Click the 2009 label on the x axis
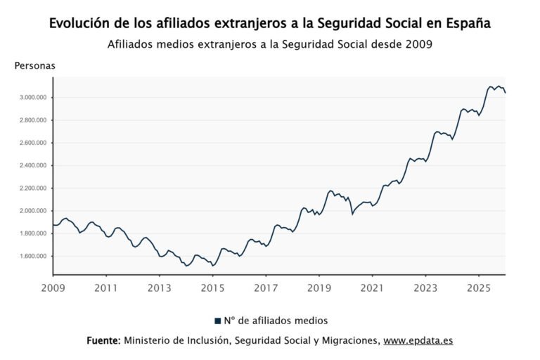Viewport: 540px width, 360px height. pyautogui.click(x=53, y=288)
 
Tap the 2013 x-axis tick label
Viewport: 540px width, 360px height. pyautogui.click(x=159, y=288)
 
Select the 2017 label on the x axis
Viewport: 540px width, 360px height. pyautogui.click(x=265, y=288)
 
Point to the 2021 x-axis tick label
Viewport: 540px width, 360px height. pyautogui.click(x=372, y=288)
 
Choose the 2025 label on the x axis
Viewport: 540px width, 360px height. pyautogui.click(x=478, y=288)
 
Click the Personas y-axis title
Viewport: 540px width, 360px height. pyautogui.click(x=34, y=65)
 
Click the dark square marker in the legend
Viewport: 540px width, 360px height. pyautogui.click(x=218, y=321)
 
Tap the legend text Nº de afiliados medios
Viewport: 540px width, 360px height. pyautogui.click(x=276, y=321)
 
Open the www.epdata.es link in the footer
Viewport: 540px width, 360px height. pyautogui.click(x=418, y=340)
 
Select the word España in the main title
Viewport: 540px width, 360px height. pyautogui.click(x=468, y=23)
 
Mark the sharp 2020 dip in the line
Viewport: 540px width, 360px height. pyautogui.click(x=352, y=213)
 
